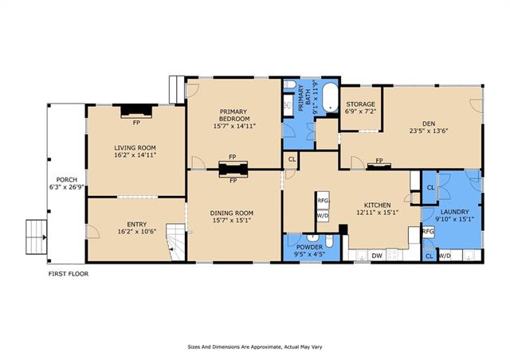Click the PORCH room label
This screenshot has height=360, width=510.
[67, 180]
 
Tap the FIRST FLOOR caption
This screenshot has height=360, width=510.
[69, 274]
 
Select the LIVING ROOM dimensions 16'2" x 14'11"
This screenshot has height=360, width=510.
[135, 155]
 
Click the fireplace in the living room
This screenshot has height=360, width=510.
[136, 111]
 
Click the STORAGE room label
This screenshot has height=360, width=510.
[360, 104]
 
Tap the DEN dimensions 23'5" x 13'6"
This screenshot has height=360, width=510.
[429, 131]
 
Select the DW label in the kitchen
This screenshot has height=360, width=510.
[377, 256]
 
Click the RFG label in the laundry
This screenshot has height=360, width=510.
[428, 232]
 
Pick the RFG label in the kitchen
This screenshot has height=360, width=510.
[323, 201]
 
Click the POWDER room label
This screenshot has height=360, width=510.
[309, 247]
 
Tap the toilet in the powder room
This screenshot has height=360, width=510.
[329, 241]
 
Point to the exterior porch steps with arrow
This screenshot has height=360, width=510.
[37, 237]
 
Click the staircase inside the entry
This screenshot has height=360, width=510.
[176, 242]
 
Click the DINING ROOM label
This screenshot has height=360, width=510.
[232, 213]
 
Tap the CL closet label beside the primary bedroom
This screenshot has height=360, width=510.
[292, 159]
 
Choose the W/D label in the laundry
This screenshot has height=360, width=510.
[445, 256]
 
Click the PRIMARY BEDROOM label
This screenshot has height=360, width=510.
[234, 115]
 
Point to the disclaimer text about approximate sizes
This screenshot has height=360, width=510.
[255, 347]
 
